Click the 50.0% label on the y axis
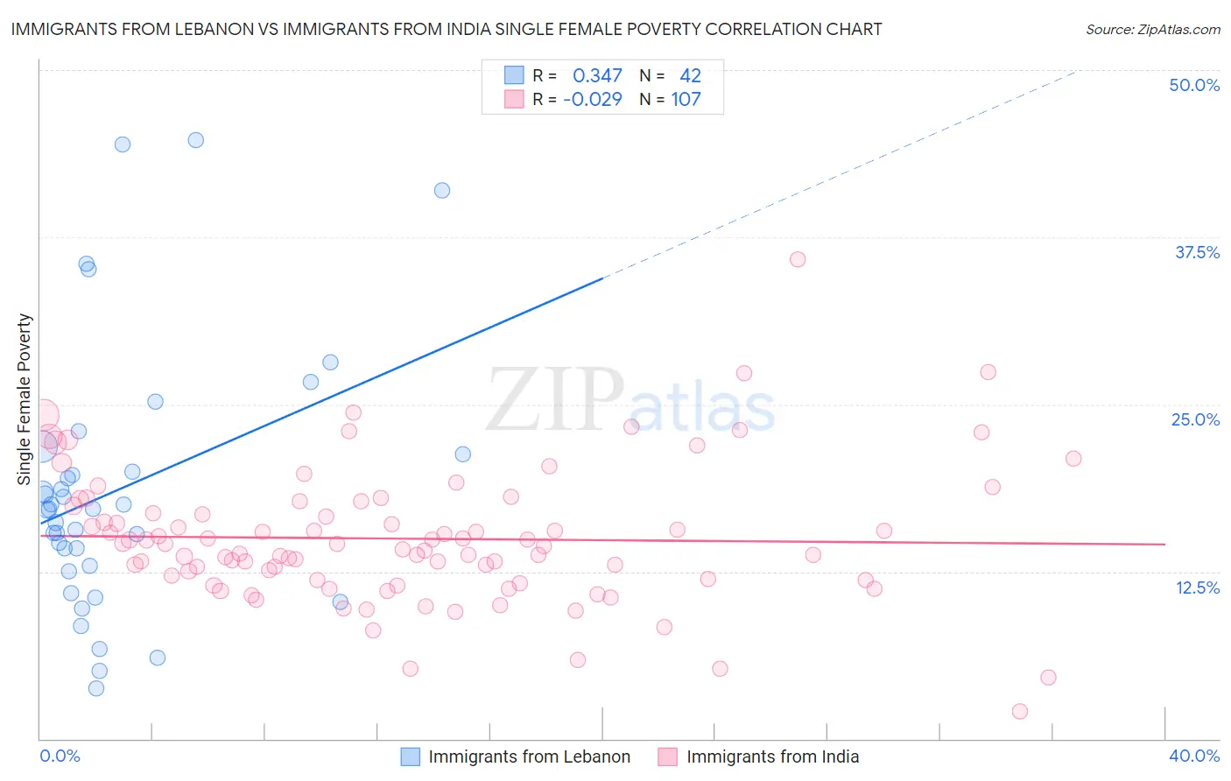(x=1194, y=85)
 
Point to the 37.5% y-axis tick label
(x=1196, y=252)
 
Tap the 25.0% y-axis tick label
(x=1194, y=419)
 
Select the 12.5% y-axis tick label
(x=1196, y=588)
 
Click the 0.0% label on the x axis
(x=60, y=756)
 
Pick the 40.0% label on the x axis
(x=1194, y=756)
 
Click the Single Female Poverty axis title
(x=24, y=399)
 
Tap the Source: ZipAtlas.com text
(x=1152, y=30)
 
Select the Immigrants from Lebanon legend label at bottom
(x=529, y=756)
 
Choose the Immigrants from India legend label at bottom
(x=772, y=756)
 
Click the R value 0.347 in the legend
(x=597, y=76)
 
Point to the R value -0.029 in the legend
(x=593, y=100)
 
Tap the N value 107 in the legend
(x=686, y=100)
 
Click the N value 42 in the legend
(x=690, y=76)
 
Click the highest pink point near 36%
(x=798, y=259)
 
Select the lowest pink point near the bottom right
(x=1019, y=711)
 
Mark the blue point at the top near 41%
(x=442, y=190)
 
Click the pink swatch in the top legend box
(x=514, y=99)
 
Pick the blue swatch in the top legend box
(x=514, y=75)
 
